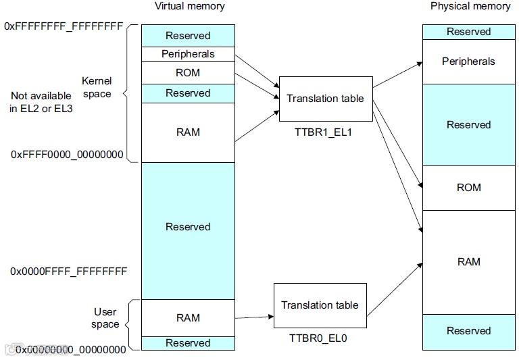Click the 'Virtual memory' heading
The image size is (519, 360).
click(x=190, y=7)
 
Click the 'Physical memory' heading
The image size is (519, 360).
click(x=470, y=7)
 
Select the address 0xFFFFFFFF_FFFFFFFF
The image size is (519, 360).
click(x=64, y=26)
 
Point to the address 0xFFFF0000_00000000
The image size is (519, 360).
click(x=67, y=155)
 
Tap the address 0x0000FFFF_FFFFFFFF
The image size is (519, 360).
click(x=68, y=272)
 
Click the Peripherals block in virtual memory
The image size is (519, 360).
click(x=188, y=54)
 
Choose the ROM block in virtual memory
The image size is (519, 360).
click(x=188, y=73)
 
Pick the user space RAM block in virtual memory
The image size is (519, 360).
click(x=188, y=318)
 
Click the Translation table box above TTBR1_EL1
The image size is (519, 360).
click(x=325, y=99)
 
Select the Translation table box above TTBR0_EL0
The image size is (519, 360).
click(x=320, y=305)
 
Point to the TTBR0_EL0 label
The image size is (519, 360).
click(x=320, y=338)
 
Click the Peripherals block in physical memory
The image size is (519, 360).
click(x=468, y=61)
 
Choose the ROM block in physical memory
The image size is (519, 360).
click(x=468, y=188)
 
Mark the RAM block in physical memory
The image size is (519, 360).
click(x=468, y=262)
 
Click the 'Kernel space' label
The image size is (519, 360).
click(x=97, y=87)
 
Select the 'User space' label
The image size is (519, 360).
click(x=105, y=318)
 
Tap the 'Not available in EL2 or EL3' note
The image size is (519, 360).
click(x=41, y=102)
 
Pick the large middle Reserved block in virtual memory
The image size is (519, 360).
click(x=188, y=227)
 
